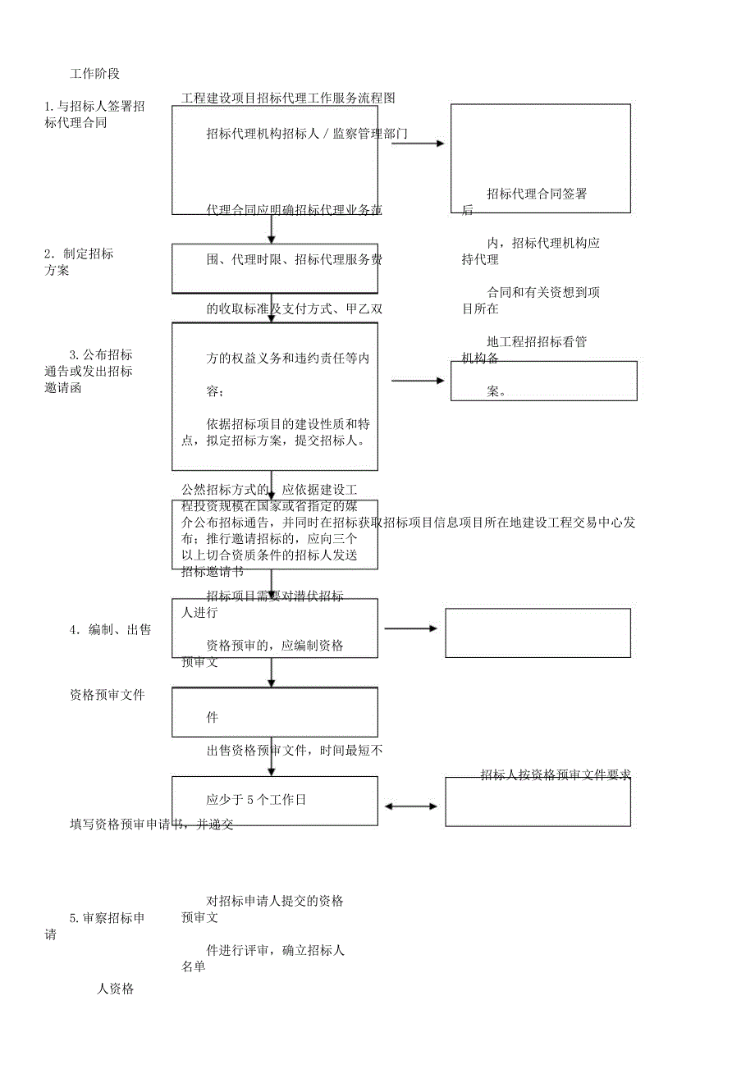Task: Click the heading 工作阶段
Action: point(95,74)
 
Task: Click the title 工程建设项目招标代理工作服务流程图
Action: point(288,98)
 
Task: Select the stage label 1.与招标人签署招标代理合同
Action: point(95,115)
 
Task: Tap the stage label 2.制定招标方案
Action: point(80,262)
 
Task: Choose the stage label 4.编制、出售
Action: point(110,630)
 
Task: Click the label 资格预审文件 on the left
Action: point(108,695)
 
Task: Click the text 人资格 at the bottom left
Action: point(116,989)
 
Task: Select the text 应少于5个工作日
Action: point(256,800)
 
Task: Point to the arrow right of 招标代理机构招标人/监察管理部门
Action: point(417,144)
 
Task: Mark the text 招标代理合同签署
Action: point(537,194)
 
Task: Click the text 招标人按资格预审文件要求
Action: point(556,774)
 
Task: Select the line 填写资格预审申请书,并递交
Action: point(152,825)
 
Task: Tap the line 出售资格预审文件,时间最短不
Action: point(295,750)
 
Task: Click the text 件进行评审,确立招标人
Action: point(275,951)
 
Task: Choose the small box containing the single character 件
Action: point(275,712)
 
